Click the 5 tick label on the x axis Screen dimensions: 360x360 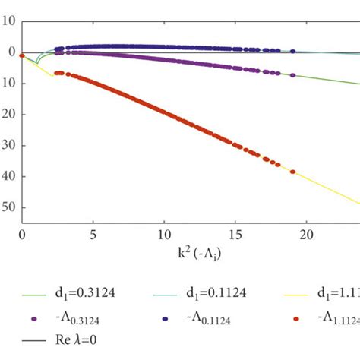point(93,236)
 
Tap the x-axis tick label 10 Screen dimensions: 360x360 point(163,236)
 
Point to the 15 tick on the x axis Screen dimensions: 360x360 point(235,236)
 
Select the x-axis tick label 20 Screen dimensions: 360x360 point(305,236)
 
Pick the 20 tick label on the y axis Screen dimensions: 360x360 point(8,115)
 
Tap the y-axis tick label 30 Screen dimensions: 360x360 point(8,146)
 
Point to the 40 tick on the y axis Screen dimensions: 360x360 point(8,176)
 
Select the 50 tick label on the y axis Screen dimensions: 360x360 point(8,207)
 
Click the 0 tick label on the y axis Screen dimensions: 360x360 point(11,52)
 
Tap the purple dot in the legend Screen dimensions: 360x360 point(36,317)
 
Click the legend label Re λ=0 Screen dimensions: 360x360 point(79,341)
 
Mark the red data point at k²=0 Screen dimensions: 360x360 point(22,55)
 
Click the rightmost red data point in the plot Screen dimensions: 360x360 point(293,172)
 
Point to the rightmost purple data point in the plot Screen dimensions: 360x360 point(293,75)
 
